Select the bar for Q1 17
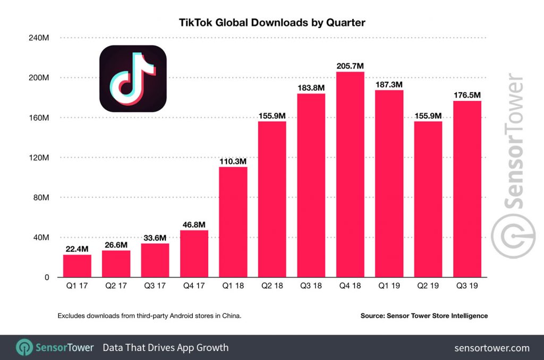(77, 266)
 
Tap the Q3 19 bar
(467, 188)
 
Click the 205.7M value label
(350, 66)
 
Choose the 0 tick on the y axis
(46, 277)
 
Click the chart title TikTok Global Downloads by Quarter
(272, 23)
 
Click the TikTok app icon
(133, 78)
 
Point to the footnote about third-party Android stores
(149, 316)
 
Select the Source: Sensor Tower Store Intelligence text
(424, 316)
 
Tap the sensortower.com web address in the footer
(492, 348)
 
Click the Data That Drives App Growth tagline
(165, 348)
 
